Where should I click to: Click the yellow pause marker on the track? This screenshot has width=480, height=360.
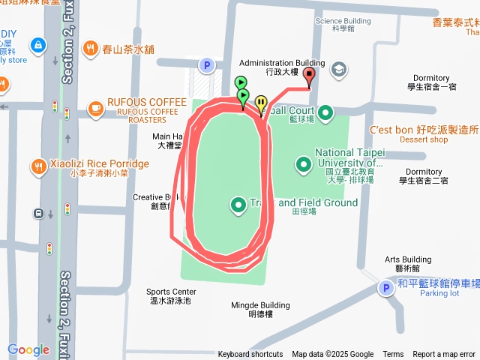click(261, 103)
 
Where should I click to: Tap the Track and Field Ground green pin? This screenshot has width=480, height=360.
click(238, 203)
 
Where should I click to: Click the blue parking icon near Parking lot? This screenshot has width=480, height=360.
click(385, 288)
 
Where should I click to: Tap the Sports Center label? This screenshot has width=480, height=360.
click(171, 295)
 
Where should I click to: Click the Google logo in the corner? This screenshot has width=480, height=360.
click(28, 349)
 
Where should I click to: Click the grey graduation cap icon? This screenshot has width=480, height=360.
click(338, 70)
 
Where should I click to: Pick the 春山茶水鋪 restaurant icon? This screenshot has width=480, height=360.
click(91, 49)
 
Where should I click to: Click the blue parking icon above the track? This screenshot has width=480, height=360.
click(206, 66)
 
